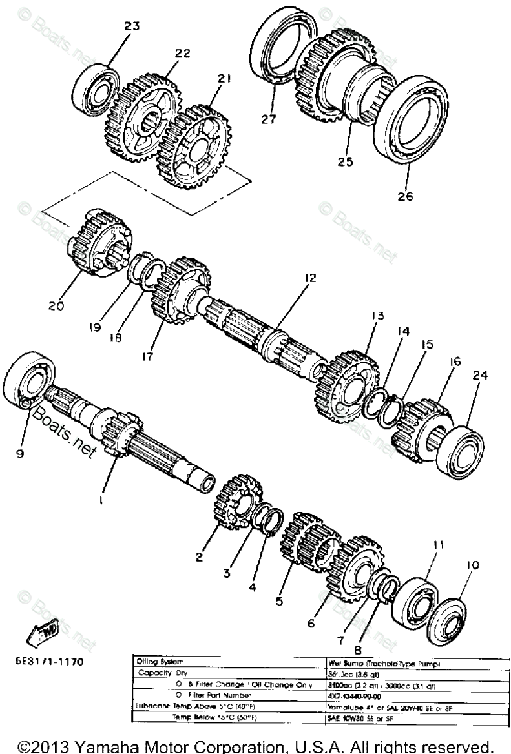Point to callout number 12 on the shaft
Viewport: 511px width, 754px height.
[x=311, y=278]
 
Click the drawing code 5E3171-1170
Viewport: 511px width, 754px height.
[x=48, y=661]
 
